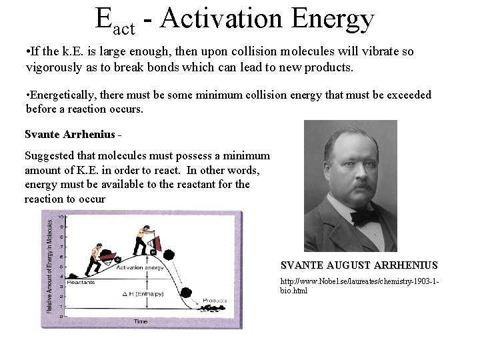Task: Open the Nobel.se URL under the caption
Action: pos(359,286)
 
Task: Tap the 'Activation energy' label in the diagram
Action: pos(140,267)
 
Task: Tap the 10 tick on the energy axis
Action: pos(61,217)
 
